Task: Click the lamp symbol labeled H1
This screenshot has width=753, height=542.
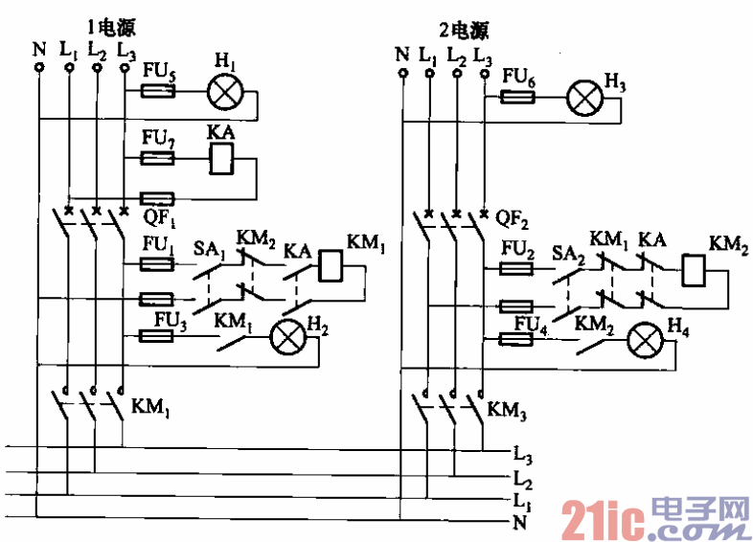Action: (x=228, y=92)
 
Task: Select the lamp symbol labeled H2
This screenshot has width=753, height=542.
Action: (x=285, y=336)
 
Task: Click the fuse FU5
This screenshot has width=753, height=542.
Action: (x=157, y=92)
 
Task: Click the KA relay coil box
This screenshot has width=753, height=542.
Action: (x=221, y=159)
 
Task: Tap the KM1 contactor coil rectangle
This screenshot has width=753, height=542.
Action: (x=330, y=265)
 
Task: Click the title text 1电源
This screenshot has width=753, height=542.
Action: (x=107, y=26)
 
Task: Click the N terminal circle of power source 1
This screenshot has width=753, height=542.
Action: (x=39, y=68)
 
